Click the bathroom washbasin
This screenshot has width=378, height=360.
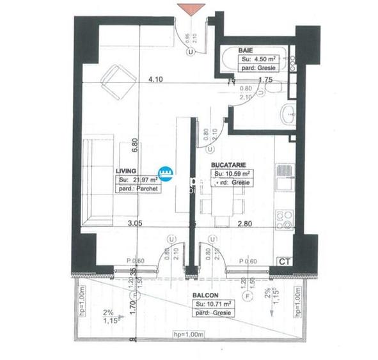pyautogui.click(x=288, y=114)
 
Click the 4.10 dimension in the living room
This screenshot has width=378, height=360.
pyautogui.click(x=154, y=80)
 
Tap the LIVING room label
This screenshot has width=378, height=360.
pyautogui.click(x=127, y=171)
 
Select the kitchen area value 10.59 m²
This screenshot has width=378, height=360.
pyautogui.click(x=233, y=173)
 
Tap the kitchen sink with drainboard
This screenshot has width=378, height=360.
pyautogui.click(x=283, y=177)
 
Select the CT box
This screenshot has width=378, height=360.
pyautogui.click(x=283, y=262)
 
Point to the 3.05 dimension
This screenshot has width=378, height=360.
pyautogui.click(x=134, y=224)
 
